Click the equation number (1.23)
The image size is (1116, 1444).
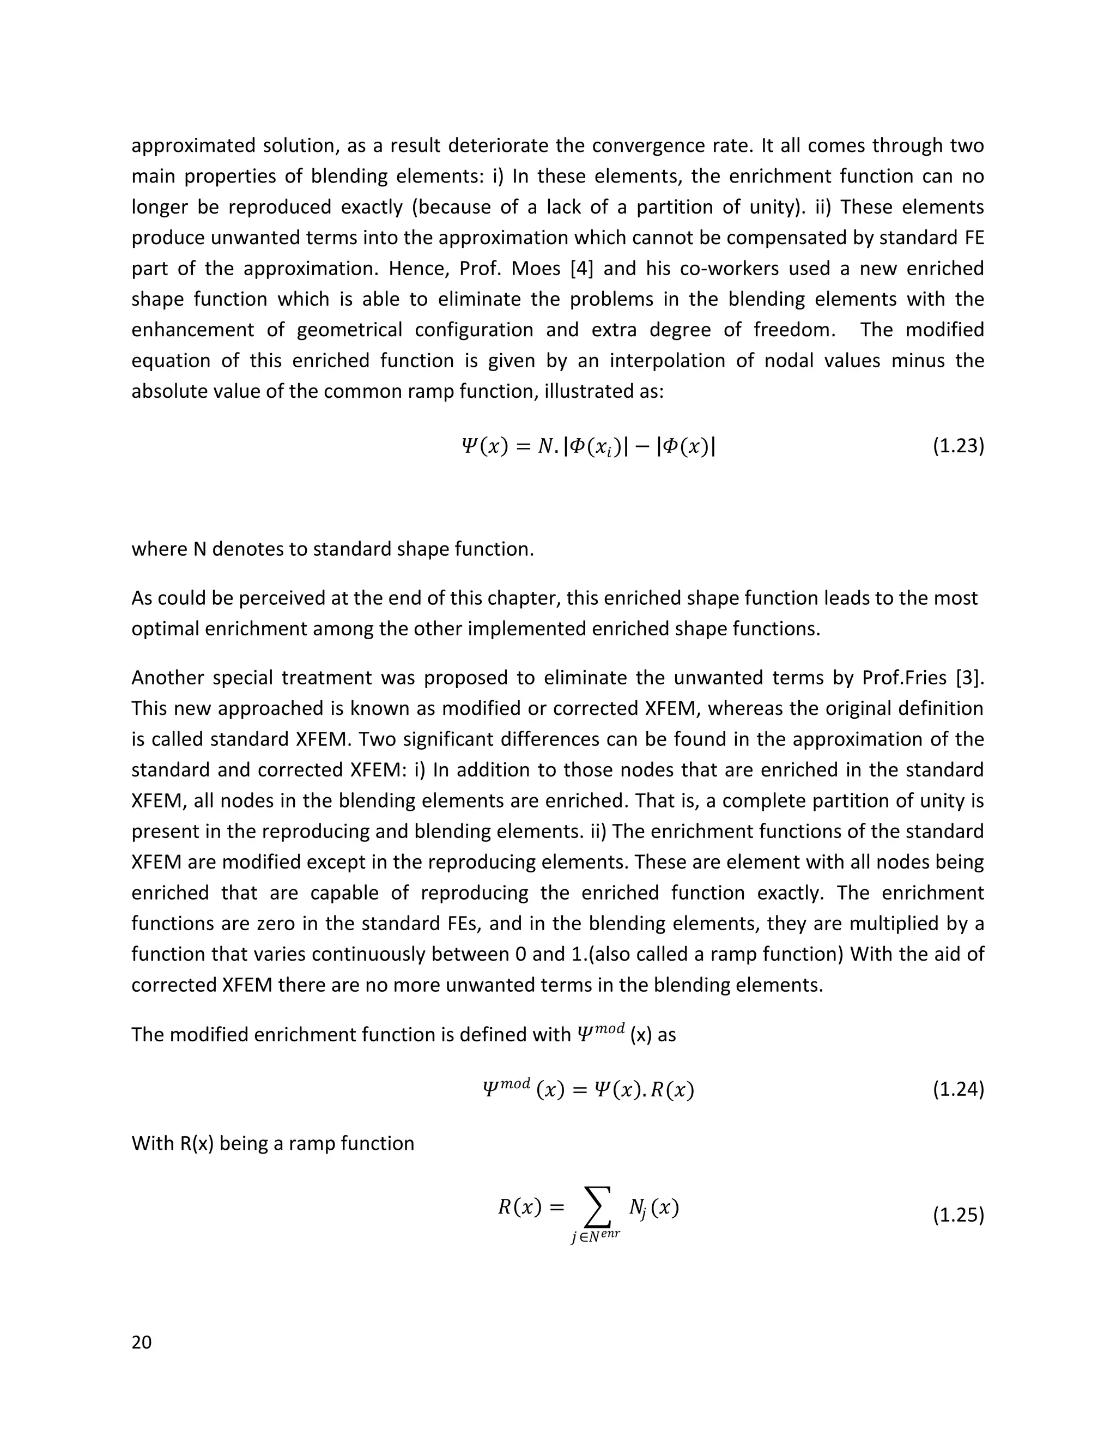[x=958, y=446]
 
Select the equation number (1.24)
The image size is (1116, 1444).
[x=958, y=1089]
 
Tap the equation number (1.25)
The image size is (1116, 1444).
[x=958, y=1215]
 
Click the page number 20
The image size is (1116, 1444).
[x=142, y=1342]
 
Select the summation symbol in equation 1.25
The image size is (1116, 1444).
[x=596, y=1208]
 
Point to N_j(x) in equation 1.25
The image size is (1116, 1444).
[x=653, y=1209]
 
